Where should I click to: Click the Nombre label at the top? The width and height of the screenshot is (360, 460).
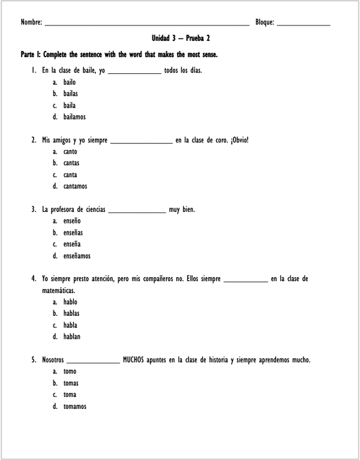(x=31, y=22)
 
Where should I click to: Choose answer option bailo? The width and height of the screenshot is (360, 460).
(x=70, y=82)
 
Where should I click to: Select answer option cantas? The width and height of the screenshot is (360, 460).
(x=71, y=163)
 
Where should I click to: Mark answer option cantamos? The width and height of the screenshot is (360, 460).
(x=75, y=186)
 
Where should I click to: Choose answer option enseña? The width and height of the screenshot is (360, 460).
(x=71, y=244)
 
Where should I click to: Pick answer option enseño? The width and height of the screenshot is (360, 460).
(x=71, y=222)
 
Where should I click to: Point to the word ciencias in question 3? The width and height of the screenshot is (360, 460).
(x=92, y=210)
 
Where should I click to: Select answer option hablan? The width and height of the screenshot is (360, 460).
(x=71, y=337)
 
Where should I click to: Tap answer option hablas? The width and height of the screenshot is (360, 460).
(x=71, y=313)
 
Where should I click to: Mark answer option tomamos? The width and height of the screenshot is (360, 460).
(x=74, y=407)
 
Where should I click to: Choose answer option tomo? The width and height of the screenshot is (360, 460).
(x=70, y=372)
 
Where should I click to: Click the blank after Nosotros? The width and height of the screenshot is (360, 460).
(x=93, y=362)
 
